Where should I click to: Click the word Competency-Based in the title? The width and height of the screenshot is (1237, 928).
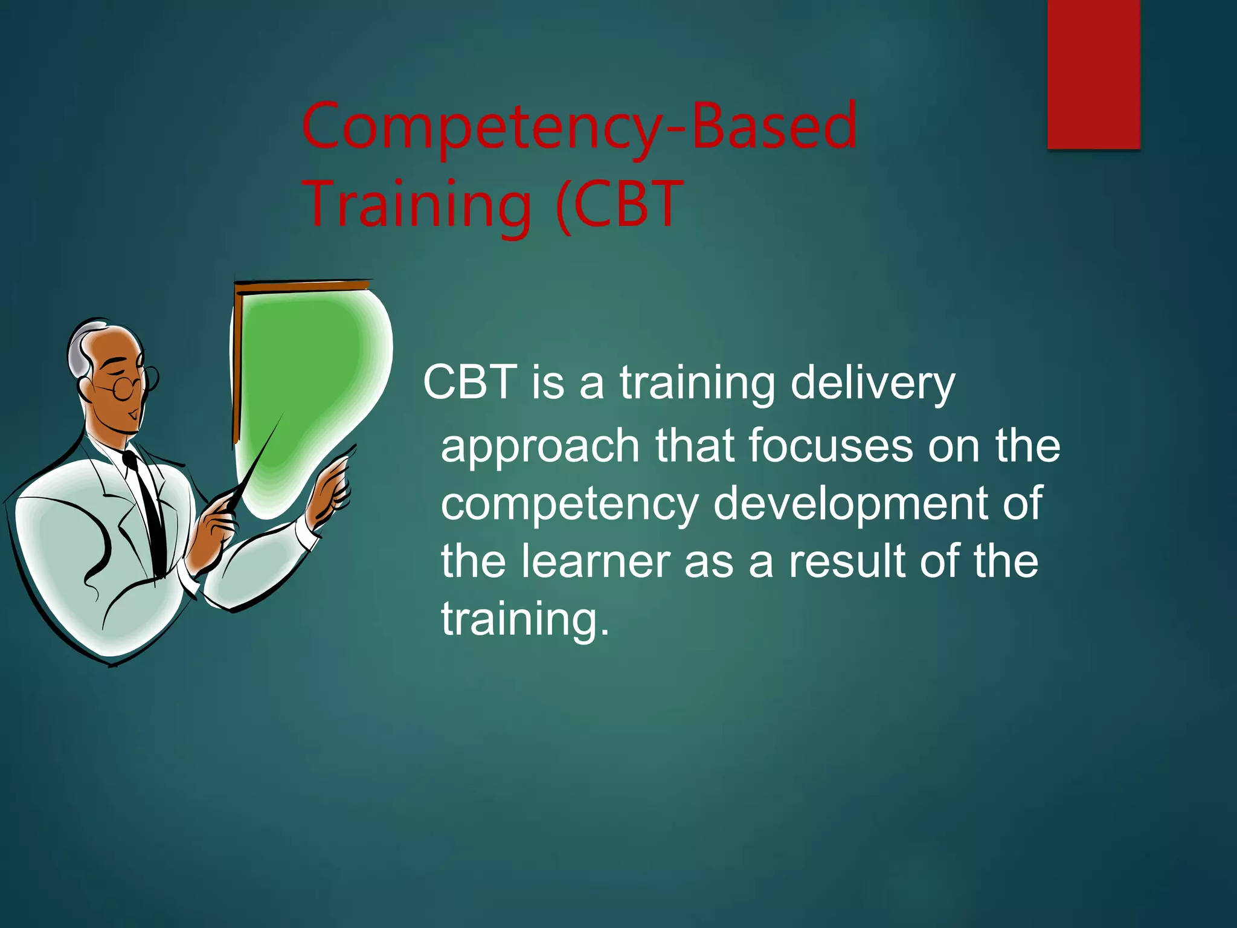coord(579,127)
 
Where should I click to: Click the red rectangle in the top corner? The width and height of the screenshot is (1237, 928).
coord(1093,74)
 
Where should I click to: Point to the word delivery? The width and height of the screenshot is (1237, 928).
coord(872,384)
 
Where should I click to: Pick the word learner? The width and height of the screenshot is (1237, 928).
coord(596,561)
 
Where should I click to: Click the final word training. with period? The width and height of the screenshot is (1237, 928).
coord(525,620)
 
